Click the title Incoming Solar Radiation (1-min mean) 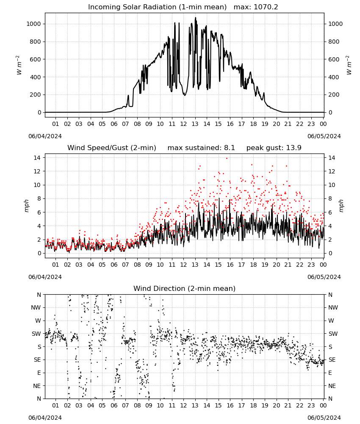[x=157, y=7]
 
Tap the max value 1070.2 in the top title [x=266, y=7]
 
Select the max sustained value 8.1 [x=229, y=148]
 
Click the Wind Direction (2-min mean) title [x=185, y=288]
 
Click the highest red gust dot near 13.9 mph [x=227, y=159]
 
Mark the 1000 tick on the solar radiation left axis [x=33, y=24]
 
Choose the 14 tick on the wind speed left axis [x=38, y=158]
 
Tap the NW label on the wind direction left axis [x=36, y=308]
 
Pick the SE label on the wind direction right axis [x=332, y=360]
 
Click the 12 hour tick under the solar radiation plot [x=183, y=124]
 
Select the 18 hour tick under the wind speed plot [x=253, y=265]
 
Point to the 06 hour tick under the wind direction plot [x=114, y=405]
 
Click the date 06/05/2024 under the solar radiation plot [x=324, y=136]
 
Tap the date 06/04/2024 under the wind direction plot [x=45, y=418]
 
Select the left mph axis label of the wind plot [x=26, y=206]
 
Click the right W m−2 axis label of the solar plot [x=349, y=65]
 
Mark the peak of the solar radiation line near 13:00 [x=196, y=18]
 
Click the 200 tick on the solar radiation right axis [x=334, y=95]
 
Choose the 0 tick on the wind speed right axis [x=330, y=254]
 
